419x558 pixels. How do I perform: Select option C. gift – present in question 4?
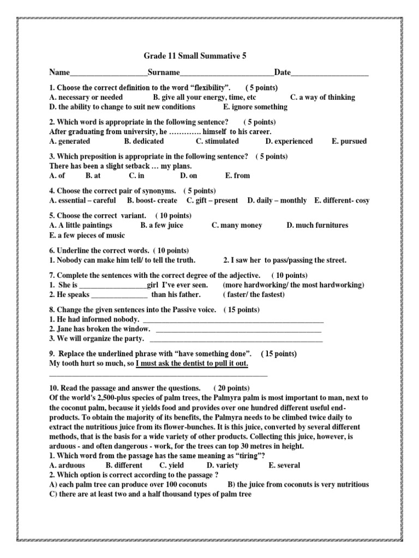[212, 201]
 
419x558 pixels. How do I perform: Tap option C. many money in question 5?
[237, 225]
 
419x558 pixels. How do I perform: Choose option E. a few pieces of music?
[87, 235]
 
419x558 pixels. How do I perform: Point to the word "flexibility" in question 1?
[204, 88]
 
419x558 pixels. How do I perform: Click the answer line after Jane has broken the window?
[238, 330]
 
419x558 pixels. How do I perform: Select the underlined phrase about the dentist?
[192, 363]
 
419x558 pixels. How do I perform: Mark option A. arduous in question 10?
[68, 465]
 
